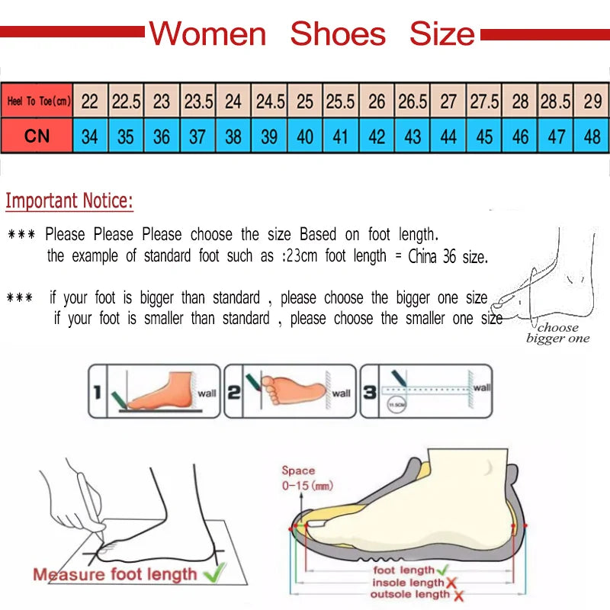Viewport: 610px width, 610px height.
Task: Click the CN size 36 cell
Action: point(162,136)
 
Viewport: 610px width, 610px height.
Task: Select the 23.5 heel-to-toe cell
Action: point(197,101)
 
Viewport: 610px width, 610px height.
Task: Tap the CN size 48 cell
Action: point(592,136)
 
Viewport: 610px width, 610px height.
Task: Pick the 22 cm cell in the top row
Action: point(90,101)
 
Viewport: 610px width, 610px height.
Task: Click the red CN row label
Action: point(37,136)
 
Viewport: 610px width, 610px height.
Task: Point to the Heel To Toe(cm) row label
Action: point(37,101)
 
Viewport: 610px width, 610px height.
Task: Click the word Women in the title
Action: point(207,34)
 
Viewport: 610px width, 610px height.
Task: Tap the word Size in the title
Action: point(441,34)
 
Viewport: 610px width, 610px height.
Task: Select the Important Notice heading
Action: point(69,201)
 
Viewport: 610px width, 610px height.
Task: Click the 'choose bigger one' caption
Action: point(558,333)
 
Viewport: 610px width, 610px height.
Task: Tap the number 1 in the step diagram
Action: point(97,393)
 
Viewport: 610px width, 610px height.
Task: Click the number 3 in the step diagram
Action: point(369,393)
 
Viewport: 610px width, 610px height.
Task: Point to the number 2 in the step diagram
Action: point(233,393)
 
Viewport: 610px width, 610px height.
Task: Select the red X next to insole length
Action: point(452,583)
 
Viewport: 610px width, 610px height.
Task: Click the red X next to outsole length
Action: point(459,595)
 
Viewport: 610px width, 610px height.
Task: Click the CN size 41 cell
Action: point(341,136)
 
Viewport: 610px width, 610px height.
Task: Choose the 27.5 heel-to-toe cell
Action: point(484,101)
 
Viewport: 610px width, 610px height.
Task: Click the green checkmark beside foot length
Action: point(443,570)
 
